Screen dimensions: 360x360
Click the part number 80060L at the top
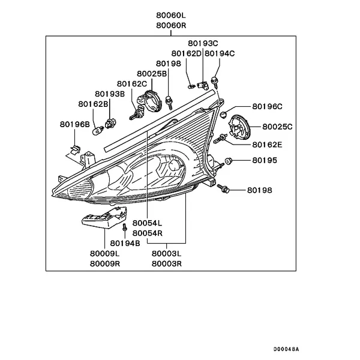(171, 16)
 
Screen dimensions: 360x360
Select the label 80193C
(203, 43)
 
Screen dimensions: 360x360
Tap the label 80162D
(186, 53)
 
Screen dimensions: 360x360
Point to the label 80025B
(152, 74)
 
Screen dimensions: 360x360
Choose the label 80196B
(75, 124)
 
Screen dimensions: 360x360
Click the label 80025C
(277, 127)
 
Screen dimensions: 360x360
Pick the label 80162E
(267, 145)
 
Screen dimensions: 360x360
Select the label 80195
(265, 160)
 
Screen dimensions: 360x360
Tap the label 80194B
(125, 244)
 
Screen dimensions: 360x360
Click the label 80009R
(105, 263)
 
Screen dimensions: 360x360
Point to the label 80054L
(147, 223)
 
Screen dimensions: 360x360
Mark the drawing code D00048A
(286, 349)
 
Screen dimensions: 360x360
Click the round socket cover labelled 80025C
(239, 127)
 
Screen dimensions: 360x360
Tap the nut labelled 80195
(228, 161)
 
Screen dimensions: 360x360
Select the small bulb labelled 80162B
(98, 130)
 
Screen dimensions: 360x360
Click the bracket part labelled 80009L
(104, 218)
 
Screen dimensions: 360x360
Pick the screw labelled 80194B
(125, 227)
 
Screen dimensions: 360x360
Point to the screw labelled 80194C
(215, 82)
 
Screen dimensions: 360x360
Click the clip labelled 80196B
(75, 149)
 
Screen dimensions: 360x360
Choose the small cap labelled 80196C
(223, 114)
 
